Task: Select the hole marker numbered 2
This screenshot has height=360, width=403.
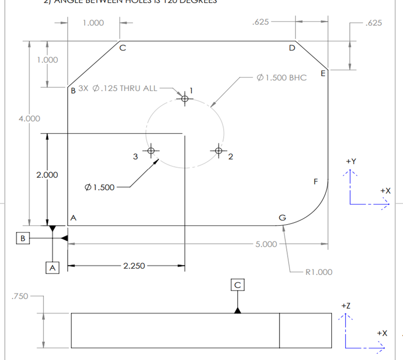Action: tap(219, 151)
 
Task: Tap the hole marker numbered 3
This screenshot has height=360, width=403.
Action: tap(151, 151)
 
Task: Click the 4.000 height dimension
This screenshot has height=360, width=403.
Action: tap(29, 118)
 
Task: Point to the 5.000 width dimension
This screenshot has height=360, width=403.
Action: tap(266, 244)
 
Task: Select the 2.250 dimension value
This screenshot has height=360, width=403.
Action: tap(134, 266)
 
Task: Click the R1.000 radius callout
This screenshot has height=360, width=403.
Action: tap(319, 272)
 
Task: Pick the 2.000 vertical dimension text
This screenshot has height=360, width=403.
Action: tap(47, 175)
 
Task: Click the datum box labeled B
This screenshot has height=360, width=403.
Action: tap(23, 238)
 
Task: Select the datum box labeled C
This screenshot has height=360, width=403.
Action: tap(238, 284)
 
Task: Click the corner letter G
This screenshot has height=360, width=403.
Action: tap(282, 217)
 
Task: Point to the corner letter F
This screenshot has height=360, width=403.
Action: tap(316, 182)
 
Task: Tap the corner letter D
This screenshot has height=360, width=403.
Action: tap(292, 48)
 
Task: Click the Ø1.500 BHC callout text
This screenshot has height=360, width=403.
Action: tap(281, 77)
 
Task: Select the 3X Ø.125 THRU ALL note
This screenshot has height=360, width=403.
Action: tap(125, 88)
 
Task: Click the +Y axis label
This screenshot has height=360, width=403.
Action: tap(350, 161)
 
